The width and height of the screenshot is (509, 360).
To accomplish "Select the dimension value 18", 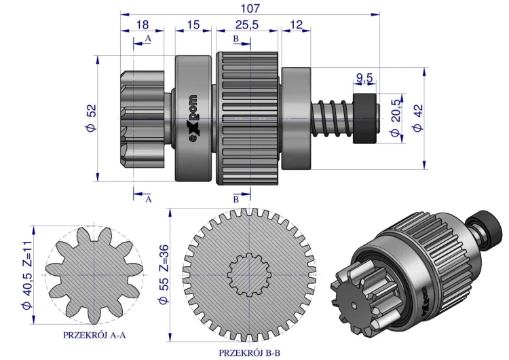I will pyautogui.click(x=142, y=24).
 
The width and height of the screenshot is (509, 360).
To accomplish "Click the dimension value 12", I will pyautogui.click(x=296, y=24).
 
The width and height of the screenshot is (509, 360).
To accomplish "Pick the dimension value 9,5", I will pyautogui.click(x=365, y=77).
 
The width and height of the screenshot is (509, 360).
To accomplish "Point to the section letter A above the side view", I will pyautogui.click(x=148, y=40).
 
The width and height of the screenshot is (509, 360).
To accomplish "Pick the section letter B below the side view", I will pyautogui.click(x=235, y=200).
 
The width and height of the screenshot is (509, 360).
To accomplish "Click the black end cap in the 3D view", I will pyautogui.click(x=487, y=221).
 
